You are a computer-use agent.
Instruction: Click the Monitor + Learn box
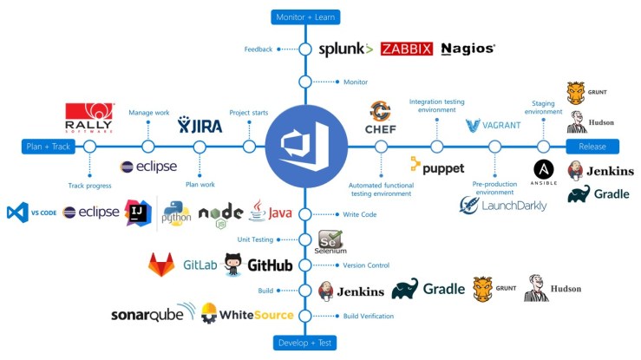(x=304, y=16)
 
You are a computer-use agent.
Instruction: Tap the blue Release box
(x=592, y=146)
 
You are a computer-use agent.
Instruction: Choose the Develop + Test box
(x=304, y=342)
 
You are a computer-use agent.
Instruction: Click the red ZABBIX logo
(x=406, y=49)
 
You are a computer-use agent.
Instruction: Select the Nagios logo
(x=468, y=49)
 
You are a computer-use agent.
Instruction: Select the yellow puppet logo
(x=437, y=167)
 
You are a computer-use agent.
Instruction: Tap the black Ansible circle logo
(x=544, y=170)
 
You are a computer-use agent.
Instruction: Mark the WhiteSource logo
(x=247, y=314)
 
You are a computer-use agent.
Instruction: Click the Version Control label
(x=365, y=265)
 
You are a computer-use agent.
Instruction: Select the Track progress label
(x=89, y=185)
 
